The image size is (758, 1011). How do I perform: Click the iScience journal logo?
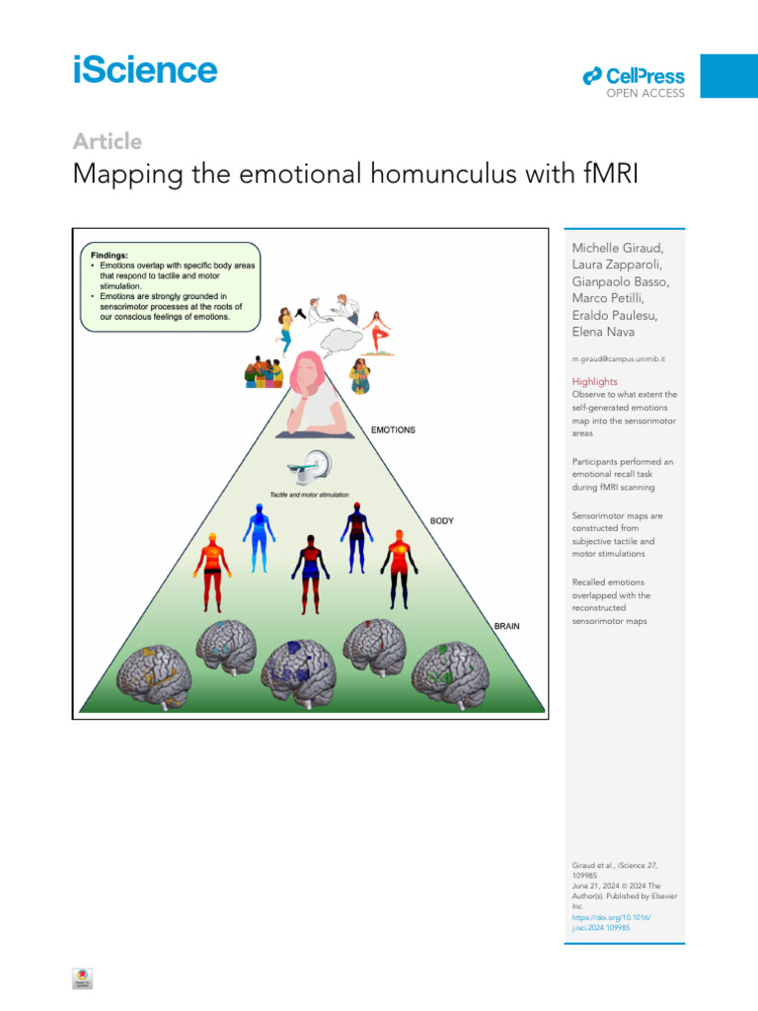(x=144, y=70)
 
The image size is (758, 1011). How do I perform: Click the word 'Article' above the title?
(x=107, y=141)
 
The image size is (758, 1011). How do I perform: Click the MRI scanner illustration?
(x=309, y=465)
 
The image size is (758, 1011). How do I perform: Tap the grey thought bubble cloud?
(x=336, y=340)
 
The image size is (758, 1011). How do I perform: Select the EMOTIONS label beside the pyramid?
(x=393, y=430)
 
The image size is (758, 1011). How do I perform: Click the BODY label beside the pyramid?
(x=441, y=520)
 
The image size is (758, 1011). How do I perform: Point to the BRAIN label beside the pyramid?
(x=506, y=626)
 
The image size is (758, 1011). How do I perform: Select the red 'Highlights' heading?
(x=595, y=381)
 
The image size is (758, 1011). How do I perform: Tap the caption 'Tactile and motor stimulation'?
(x=309, y=494)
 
